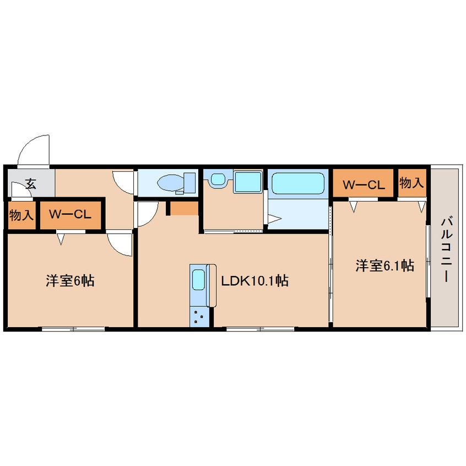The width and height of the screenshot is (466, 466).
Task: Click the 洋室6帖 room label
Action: (69, 281)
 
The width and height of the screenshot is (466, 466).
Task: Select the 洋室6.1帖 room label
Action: (384, 266)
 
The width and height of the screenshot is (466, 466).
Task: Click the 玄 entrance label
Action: (31, 184)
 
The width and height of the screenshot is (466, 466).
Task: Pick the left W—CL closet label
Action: (69, 215)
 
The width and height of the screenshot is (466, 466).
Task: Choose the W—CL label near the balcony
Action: (363, 185)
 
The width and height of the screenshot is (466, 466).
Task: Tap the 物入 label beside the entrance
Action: (21, 215)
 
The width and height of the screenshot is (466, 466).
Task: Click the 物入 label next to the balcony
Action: (412, 183)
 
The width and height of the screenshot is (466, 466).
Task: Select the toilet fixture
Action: (176, 182)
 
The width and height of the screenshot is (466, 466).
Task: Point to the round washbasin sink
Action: (218, 180)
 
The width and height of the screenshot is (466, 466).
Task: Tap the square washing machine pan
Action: (247, 182)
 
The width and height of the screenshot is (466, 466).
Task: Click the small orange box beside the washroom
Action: (183, 209)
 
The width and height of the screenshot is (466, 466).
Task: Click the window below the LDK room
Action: (260, 329)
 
